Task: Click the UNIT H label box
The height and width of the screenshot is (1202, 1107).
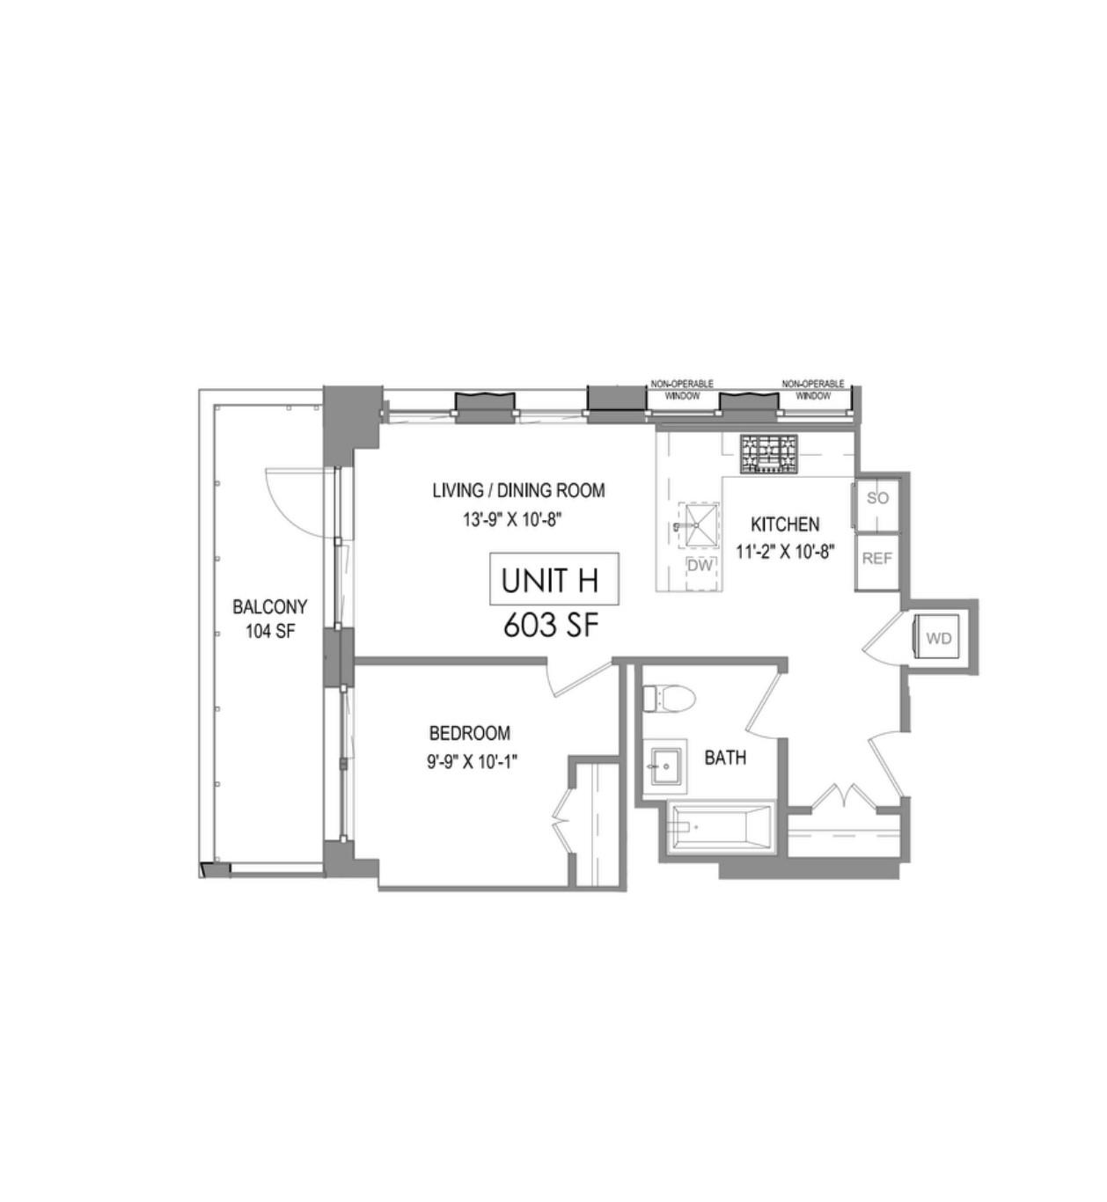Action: (553, 579)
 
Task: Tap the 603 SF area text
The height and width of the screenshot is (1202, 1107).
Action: (551, 626)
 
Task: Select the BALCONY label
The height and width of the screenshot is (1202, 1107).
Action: (269, 607)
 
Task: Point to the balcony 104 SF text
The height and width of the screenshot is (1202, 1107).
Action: (269, 631)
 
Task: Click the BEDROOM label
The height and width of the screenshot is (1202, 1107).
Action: (469, 733)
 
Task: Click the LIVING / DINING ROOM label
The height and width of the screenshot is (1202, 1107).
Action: (518, 490)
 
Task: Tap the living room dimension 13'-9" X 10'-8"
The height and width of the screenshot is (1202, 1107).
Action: (512, 520)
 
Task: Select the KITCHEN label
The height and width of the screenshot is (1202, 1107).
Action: (784, 524)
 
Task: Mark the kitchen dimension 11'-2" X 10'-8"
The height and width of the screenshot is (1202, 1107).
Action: (784, 553)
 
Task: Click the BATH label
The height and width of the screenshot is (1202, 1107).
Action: (725, 758)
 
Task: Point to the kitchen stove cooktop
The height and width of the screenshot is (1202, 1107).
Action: (768, 454)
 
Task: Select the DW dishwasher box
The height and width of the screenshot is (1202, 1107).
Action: (700, 566)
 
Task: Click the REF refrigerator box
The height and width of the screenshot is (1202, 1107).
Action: (876, 559)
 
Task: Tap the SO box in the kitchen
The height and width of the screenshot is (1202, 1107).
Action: (876, 499)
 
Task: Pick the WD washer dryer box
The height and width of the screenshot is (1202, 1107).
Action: (938, 638)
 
